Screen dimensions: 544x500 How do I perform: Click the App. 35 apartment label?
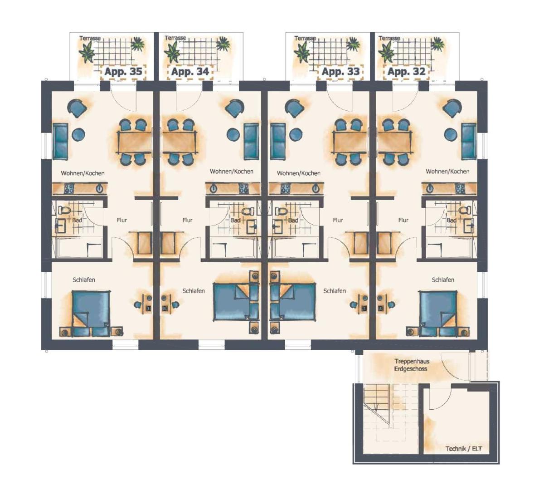[x=123, y=72]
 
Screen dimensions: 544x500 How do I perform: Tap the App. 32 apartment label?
[x=406, y=72]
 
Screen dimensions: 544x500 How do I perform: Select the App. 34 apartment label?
[x=190, y=72]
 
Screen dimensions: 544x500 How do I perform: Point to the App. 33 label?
[x=340, y=72]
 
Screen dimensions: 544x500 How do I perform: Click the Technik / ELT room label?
[x=463, y=449]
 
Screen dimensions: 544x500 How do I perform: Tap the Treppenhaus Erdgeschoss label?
[x=412, y=365]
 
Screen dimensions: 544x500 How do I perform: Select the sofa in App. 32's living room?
[x=469, y=141]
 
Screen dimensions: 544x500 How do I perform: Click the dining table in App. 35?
[x=134, y=142]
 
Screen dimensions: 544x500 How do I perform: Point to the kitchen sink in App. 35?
[x=100, y=188]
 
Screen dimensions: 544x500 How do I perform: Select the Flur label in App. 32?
[x=403, y=220]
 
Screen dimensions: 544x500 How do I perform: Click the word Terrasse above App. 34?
[x=175, y=38]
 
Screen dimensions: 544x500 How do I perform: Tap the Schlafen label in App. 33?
[x=335, y=291]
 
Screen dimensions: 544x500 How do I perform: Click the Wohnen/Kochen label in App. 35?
[x=83, y=173]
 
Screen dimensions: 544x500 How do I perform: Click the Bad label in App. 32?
[x=451, y=221]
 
